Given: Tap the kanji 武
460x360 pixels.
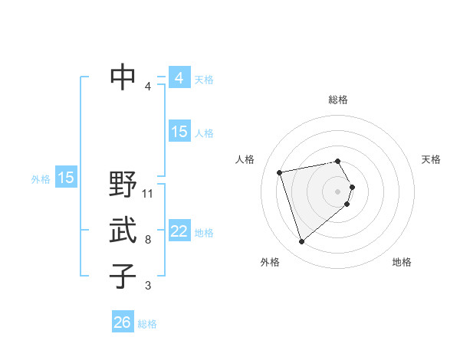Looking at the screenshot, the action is click(123, 231).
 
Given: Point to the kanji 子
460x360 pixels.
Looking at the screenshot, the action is click(123, 275).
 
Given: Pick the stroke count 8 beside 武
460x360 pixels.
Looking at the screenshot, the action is click(148, 240).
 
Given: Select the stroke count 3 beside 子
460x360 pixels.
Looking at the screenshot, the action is click(148, 286).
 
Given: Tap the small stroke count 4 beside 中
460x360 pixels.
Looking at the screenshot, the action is click(148, 86).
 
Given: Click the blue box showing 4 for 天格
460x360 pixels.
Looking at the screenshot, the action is click(179, 78).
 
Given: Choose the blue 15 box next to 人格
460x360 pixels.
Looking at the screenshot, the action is click(179, 132).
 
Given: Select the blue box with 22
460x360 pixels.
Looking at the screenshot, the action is click(179, 231).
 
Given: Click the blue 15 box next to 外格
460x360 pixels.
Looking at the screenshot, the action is click(66, 178).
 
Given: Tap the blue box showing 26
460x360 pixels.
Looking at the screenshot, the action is click(122, 322).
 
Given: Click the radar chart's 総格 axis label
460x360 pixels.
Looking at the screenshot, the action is click(338, 100).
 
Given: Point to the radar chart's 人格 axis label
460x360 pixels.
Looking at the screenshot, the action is click(245, 159).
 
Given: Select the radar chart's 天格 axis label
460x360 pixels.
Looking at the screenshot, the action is click(431, 159).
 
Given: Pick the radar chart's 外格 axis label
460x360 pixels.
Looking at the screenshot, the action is click(270, 262).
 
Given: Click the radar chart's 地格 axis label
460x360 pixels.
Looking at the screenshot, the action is click(402, 262).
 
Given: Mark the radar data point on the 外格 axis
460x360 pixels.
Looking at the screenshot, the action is click(301, 242).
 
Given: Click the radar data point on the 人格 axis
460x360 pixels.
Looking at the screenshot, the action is click(280, 172).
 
